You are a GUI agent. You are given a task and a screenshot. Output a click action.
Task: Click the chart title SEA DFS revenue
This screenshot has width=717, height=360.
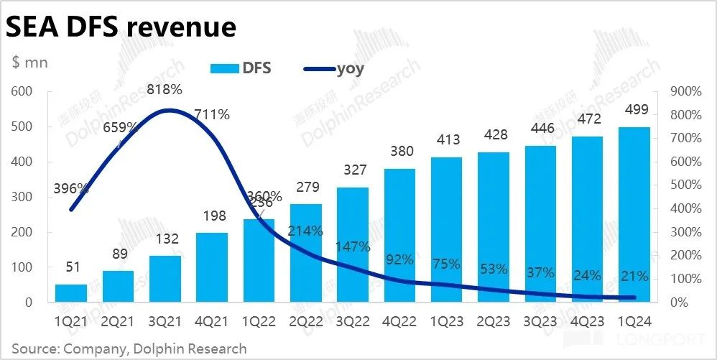point(121,27)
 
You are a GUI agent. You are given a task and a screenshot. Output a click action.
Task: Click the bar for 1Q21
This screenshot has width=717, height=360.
point(71,293)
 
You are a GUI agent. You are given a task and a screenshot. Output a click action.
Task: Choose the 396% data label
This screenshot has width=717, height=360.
point(71,189)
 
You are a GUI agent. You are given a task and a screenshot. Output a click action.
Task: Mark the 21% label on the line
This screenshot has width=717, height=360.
point(636,277)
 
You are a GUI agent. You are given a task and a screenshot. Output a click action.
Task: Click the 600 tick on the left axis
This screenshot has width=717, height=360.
point(23,91)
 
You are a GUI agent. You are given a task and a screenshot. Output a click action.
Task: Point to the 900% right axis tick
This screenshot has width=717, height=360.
point(685,91)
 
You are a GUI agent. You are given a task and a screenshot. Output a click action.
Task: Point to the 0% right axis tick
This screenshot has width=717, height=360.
point(680,303)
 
